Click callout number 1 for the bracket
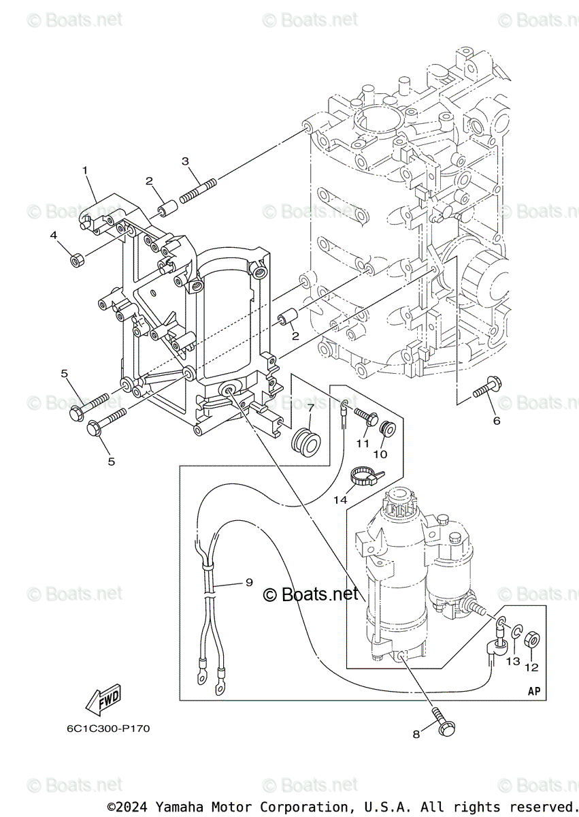[85, 170]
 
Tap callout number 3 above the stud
[185, 161]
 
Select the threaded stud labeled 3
[199, 189]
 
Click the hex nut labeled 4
[77, 259]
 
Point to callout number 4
[53, 236]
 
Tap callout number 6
[497, 421]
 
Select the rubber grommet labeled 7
[304, 441]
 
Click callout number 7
[310, 408]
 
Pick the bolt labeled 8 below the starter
[442, 724]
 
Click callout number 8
[416, 734]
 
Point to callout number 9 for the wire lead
[249, 582]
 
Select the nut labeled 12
[533, 640]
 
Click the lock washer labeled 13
[516, 634]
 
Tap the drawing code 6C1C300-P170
[108, 728]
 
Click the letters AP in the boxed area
[534, 691]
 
